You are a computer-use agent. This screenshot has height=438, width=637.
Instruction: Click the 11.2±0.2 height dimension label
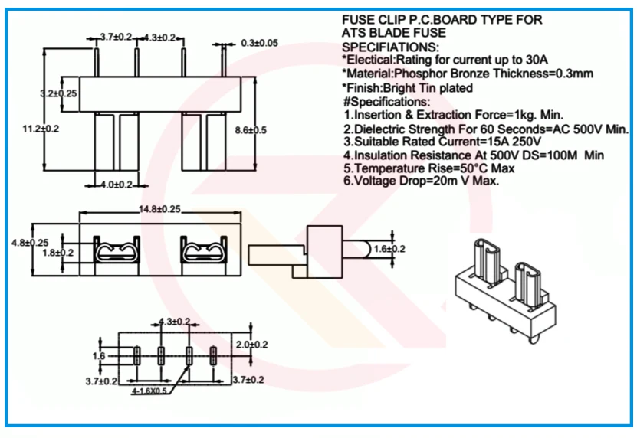[41, 129]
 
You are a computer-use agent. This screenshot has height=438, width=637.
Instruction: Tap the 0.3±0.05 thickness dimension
[259, 43]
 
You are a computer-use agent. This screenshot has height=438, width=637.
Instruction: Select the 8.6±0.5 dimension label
[250, 130]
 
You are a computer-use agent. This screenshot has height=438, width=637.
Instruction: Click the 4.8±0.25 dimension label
[29, 242]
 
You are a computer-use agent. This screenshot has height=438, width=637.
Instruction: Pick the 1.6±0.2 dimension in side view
[389, 249]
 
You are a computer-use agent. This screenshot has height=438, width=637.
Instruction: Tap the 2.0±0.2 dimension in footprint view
[252, 345]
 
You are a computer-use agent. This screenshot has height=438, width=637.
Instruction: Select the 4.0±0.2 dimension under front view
[117, 185]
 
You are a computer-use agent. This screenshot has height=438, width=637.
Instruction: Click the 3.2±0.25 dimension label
[58, 93]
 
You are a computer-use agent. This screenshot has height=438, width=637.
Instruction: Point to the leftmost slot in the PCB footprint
[136, 355]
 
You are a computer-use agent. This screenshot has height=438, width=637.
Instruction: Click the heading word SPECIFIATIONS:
[390, 47]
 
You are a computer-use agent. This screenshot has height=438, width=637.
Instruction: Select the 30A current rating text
[538, 60]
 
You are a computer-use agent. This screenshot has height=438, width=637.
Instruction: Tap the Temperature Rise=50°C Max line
[429, 168]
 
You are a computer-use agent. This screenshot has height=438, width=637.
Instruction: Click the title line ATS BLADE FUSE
[393, 34]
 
